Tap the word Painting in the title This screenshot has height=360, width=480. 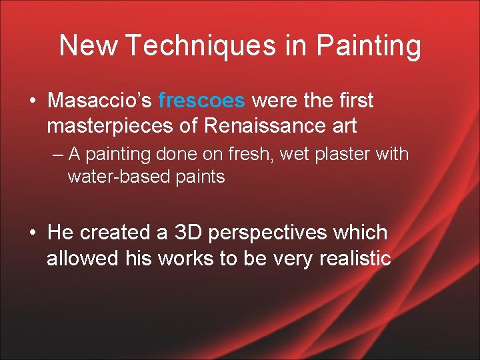coord(369,46)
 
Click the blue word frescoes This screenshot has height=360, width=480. coord(203,101)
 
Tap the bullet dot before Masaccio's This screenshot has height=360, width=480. coord(33,101)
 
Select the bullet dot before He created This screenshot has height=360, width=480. coord(33,233)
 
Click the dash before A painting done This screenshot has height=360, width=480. coord(57,155)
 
